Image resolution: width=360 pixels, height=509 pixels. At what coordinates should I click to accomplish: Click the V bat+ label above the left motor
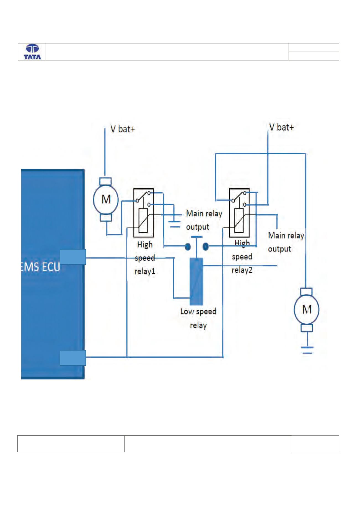(123, 129)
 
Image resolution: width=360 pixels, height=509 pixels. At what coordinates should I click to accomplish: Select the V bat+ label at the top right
(281, 127)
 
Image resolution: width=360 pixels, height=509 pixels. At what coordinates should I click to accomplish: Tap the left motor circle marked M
(106, 199)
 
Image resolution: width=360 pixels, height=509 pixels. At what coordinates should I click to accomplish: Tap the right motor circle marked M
(306, 310)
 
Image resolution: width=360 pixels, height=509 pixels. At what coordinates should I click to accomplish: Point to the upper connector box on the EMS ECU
(73, 257)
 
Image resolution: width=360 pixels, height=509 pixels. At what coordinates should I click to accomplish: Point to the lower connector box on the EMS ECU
(73, 357)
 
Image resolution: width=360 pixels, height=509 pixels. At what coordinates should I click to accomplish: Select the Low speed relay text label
(198, 318)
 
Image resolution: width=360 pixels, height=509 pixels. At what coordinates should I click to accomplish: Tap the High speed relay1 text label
(145, 258)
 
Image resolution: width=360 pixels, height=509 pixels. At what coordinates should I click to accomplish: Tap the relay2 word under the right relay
(242, 270)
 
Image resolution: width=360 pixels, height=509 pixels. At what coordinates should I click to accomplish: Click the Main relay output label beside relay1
(204, 220)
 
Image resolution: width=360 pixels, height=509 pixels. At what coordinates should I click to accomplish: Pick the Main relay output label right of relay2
(286, 242)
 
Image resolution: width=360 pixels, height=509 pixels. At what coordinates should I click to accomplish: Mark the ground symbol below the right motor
(307, 350)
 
